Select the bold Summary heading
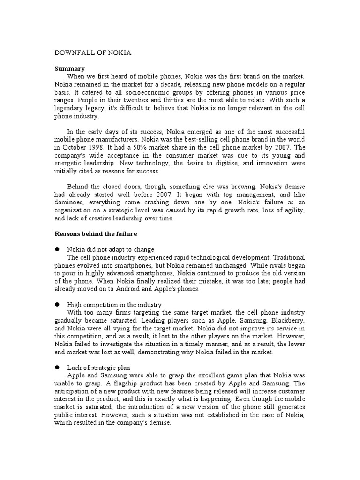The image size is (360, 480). point(70,68)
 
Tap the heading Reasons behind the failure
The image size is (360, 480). point(96,234)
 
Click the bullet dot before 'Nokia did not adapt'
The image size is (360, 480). point(58,249)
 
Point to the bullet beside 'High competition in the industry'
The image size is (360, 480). point(58,305)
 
